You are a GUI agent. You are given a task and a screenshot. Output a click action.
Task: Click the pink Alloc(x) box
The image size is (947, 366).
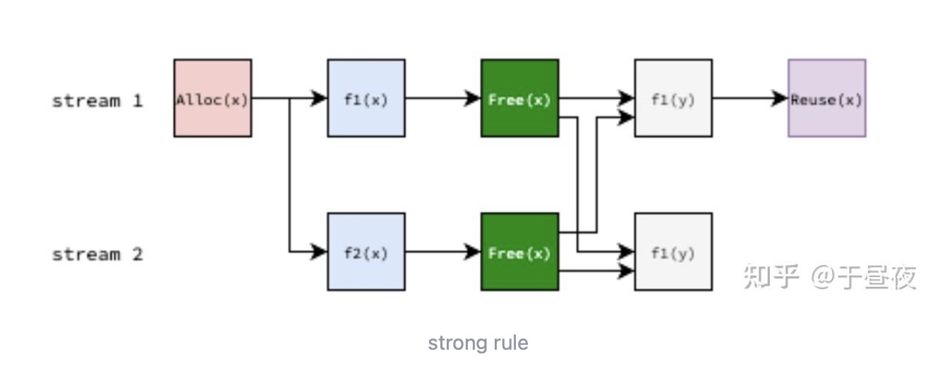[212, 98]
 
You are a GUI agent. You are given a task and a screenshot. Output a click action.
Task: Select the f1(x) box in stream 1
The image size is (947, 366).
[366, 98]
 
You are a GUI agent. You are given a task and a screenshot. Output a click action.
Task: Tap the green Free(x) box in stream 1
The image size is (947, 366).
[519, 98]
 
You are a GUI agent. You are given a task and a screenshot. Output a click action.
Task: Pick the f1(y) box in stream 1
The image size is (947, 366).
[673, 98]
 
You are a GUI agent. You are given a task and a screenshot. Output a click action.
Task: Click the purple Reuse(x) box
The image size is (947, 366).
[826, 98]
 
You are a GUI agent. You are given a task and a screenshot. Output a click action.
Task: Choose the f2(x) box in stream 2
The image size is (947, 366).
[366, 252]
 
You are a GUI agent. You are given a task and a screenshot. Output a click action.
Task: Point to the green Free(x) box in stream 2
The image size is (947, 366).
[519, 252]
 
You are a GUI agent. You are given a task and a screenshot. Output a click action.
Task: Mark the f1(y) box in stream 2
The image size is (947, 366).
[673, 252]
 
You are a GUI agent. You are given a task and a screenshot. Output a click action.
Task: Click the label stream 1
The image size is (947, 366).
[97, 101]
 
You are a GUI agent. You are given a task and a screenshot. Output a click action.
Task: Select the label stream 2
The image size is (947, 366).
[97, 254]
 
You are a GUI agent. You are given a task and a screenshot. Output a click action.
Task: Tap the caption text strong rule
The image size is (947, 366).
[478, 343]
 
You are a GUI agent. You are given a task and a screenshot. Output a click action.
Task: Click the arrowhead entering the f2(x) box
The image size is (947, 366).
[320, 251]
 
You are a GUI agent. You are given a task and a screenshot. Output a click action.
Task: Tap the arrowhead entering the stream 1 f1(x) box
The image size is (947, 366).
[320, 98]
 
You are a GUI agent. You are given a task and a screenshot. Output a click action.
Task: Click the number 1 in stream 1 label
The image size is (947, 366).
[137, 101]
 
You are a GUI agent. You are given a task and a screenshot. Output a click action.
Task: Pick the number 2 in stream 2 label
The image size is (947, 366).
[137, 254]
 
